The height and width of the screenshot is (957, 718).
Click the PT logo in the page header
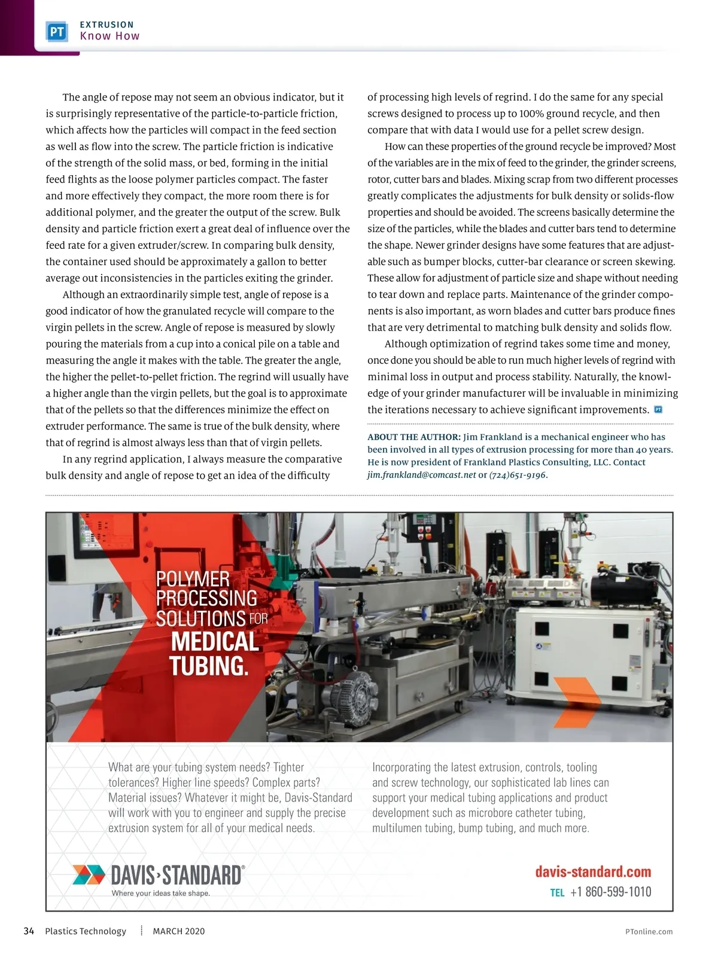[57, 31]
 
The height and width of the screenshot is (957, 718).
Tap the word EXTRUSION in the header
[107, 25]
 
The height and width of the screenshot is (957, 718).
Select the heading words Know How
[109, 36]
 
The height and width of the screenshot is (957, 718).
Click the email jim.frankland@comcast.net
[422, 475]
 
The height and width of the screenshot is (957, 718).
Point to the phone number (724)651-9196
[518, 475]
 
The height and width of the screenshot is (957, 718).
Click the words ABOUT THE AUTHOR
[413, 437]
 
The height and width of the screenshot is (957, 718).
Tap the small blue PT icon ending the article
[658, 410]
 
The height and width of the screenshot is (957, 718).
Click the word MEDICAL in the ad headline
[215, 642]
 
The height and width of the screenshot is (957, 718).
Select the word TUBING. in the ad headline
[208, 666]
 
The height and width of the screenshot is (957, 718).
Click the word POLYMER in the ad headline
[193, 579]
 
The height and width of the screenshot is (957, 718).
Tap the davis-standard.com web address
[593, 871]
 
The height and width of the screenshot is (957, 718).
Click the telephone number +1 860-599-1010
[610, 892]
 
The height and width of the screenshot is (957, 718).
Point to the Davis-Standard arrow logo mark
[89, 874]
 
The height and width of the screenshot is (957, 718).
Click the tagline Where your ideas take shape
[160, 893]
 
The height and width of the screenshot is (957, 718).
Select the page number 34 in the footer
[29, 931]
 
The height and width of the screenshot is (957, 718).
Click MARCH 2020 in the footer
[178, 931]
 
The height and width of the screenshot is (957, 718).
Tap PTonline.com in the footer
[649, 931]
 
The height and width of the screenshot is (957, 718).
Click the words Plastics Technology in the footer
[86, 931]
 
